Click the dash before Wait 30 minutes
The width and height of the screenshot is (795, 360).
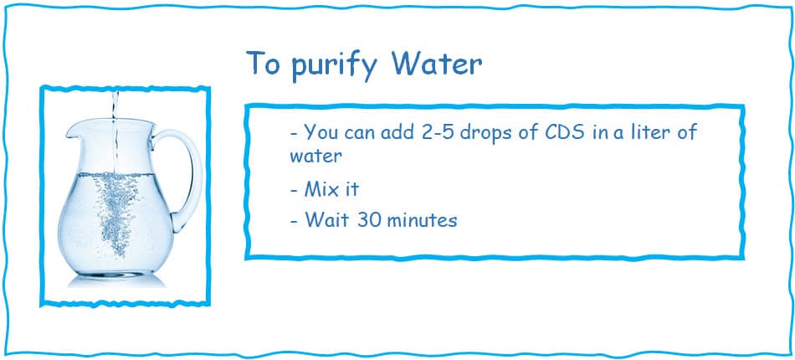point(295,221)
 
